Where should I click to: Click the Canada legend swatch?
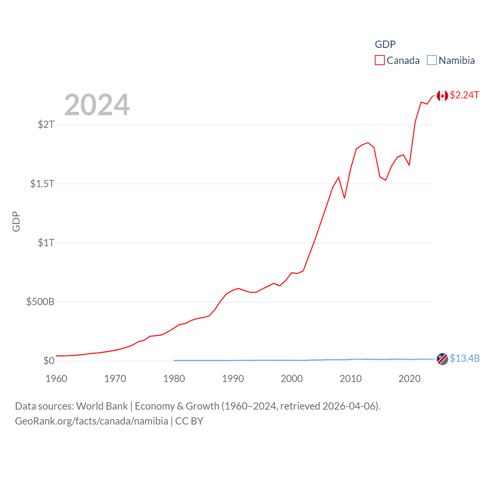click(379, 60)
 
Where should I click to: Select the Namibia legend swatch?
click(431, 60)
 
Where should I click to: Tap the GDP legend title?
click(385, 44)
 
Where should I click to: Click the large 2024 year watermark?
click(97, 105)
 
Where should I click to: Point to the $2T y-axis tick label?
click(46, 124)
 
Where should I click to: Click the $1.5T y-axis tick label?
click(42, 184)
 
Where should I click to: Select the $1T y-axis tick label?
click(46, 243)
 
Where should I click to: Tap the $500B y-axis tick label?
click(40, 302)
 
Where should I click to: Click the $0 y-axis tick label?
click(49, 361)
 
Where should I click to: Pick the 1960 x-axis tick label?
click(56, 379)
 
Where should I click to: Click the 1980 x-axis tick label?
click(174, 379)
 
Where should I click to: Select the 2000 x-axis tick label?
click(292, 379)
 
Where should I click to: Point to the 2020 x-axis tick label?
click(410, 379)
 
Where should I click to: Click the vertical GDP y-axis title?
click(16, 221)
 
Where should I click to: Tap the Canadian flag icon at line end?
click(442, 96)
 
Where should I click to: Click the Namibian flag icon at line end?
click(442, 359)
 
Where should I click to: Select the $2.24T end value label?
click(464, 95)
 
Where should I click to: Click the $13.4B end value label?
click(465, 358)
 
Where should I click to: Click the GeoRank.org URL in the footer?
click(91, 421)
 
